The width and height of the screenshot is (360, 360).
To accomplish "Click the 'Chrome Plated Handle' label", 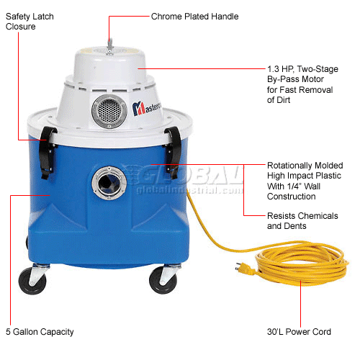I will [194, 17].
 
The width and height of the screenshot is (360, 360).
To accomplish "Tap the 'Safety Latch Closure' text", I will [27, 22].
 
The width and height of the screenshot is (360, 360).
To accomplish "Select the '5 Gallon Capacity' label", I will [39, 332].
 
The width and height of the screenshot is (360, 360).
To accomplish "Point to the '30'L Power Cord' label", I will [299, 332].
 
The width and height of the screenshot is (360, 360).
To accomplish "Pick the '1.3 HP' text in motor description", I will [279, 70].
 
